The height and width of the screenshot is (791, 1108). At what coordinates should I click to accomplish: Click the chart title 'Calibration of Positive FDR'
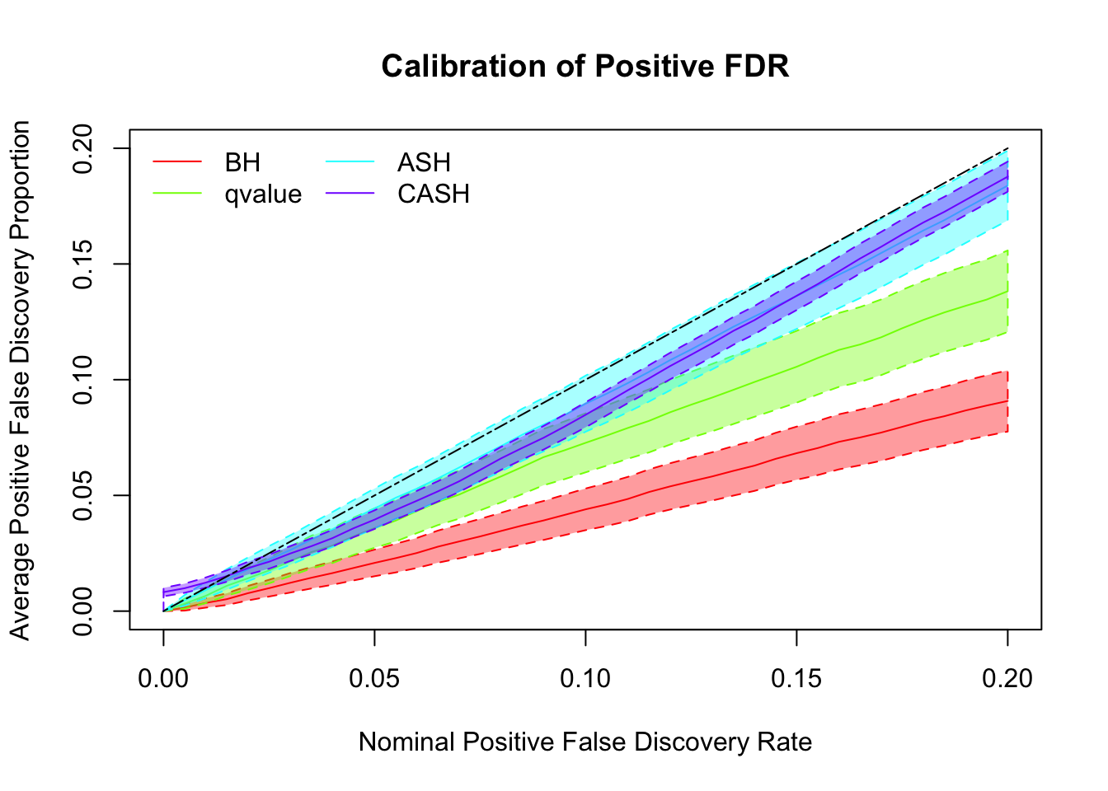click(585, 67)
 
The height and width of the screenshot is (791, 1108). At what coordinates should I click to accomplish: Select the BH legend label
click(242, 163)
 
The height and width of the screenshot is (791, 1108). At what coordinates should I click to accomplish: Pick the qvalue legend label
click(263, 194)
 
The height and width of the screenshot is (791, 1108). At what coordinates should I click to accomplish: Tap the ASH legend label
click(424, 163)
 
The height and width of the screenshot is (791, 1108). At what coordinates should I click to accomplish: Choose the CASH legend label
click(434, 194)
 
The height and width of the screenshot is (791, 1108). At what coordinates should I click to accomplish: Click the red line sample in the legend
click(177, 162)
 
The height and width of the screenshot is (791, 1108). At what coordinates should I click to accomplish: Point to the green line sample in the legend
click(177, 194)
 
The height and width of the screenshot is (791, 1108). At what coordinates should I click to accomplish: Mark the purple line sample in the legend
click(350, 194)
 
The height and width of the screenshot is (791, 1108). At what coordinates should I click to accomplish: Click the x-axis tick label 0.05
click(374, 679)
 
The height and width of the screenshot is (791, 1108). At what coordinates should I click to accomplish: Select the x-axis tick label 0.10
click(585, 679)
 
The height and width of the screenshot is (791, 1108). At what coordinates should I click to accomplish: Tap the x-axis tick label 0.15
click(796, 679)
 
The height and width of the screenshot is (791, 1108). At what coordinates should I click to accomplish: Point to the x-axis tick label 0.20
click(1007, 679)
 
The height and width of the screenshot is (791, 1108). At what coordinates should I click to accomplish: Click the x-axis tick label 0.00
click(163, 679)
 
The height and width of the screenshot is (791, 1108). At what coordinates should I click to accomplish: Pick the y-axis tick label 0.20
click(83, 148)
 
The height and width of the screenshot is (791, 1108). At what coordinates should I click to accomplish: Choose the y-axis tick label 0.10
click(83, 380)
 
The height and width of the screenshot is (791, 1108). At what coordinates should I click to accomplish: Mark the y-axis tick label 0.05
click(83, 495)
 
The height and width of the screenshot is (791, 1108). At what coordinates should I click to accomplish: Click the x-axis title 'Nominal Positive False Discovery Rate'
click(585, 742)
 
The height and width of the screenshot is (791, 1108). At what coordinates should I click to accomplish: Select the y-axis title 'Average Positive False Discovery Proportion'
click(21, 380)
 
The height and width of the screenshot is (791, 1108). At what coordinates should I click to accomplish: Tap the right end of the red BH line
click(1007, 400)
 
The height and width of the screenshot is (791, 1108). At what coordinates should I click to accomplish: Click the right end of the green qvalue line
click(1007, 291)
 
